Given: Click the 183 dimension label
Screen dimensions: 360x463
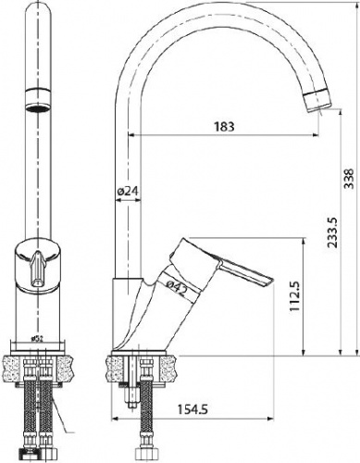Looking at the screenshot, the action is coord(224,126).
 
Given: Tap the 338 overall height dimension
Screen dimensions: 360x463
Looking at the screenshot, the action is coord(349,179).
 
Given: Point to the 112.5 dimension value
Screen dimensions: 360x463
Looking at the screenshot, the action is coord(295,296).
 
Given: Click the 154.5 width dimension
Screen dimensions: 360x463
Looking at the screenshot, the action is coord(192,409).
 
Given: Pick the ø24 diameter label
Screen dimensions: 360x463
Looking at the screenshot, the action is coord(129,192).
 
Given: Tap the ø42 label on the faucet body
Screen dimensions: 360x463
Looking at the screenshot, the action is coord(177,288).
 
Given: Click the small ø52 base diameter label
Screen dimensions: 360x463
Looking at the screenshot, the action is coord(37,339).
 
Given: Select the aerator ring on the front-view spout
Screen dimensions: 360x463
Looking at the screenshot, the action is coord(37,99).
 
